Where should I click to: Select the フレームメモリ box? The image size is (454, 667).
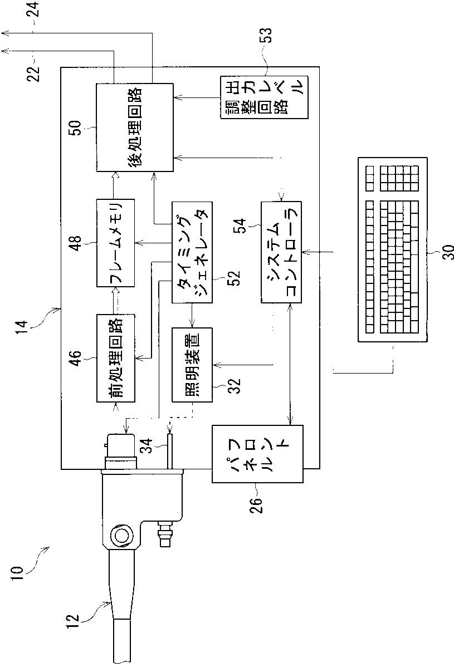tap(115, 243)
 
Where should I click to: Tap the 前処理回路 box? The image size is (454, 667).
tap(115, 358)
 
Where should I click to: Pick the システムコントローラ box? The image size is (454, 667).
tap(281, 252)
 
